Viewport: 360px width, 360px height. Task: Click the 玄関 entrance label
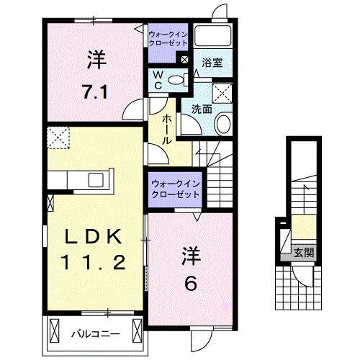[x=303, y=253]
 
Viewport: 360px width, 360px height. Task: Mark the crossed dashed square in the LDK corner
[x=58, y=135]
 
